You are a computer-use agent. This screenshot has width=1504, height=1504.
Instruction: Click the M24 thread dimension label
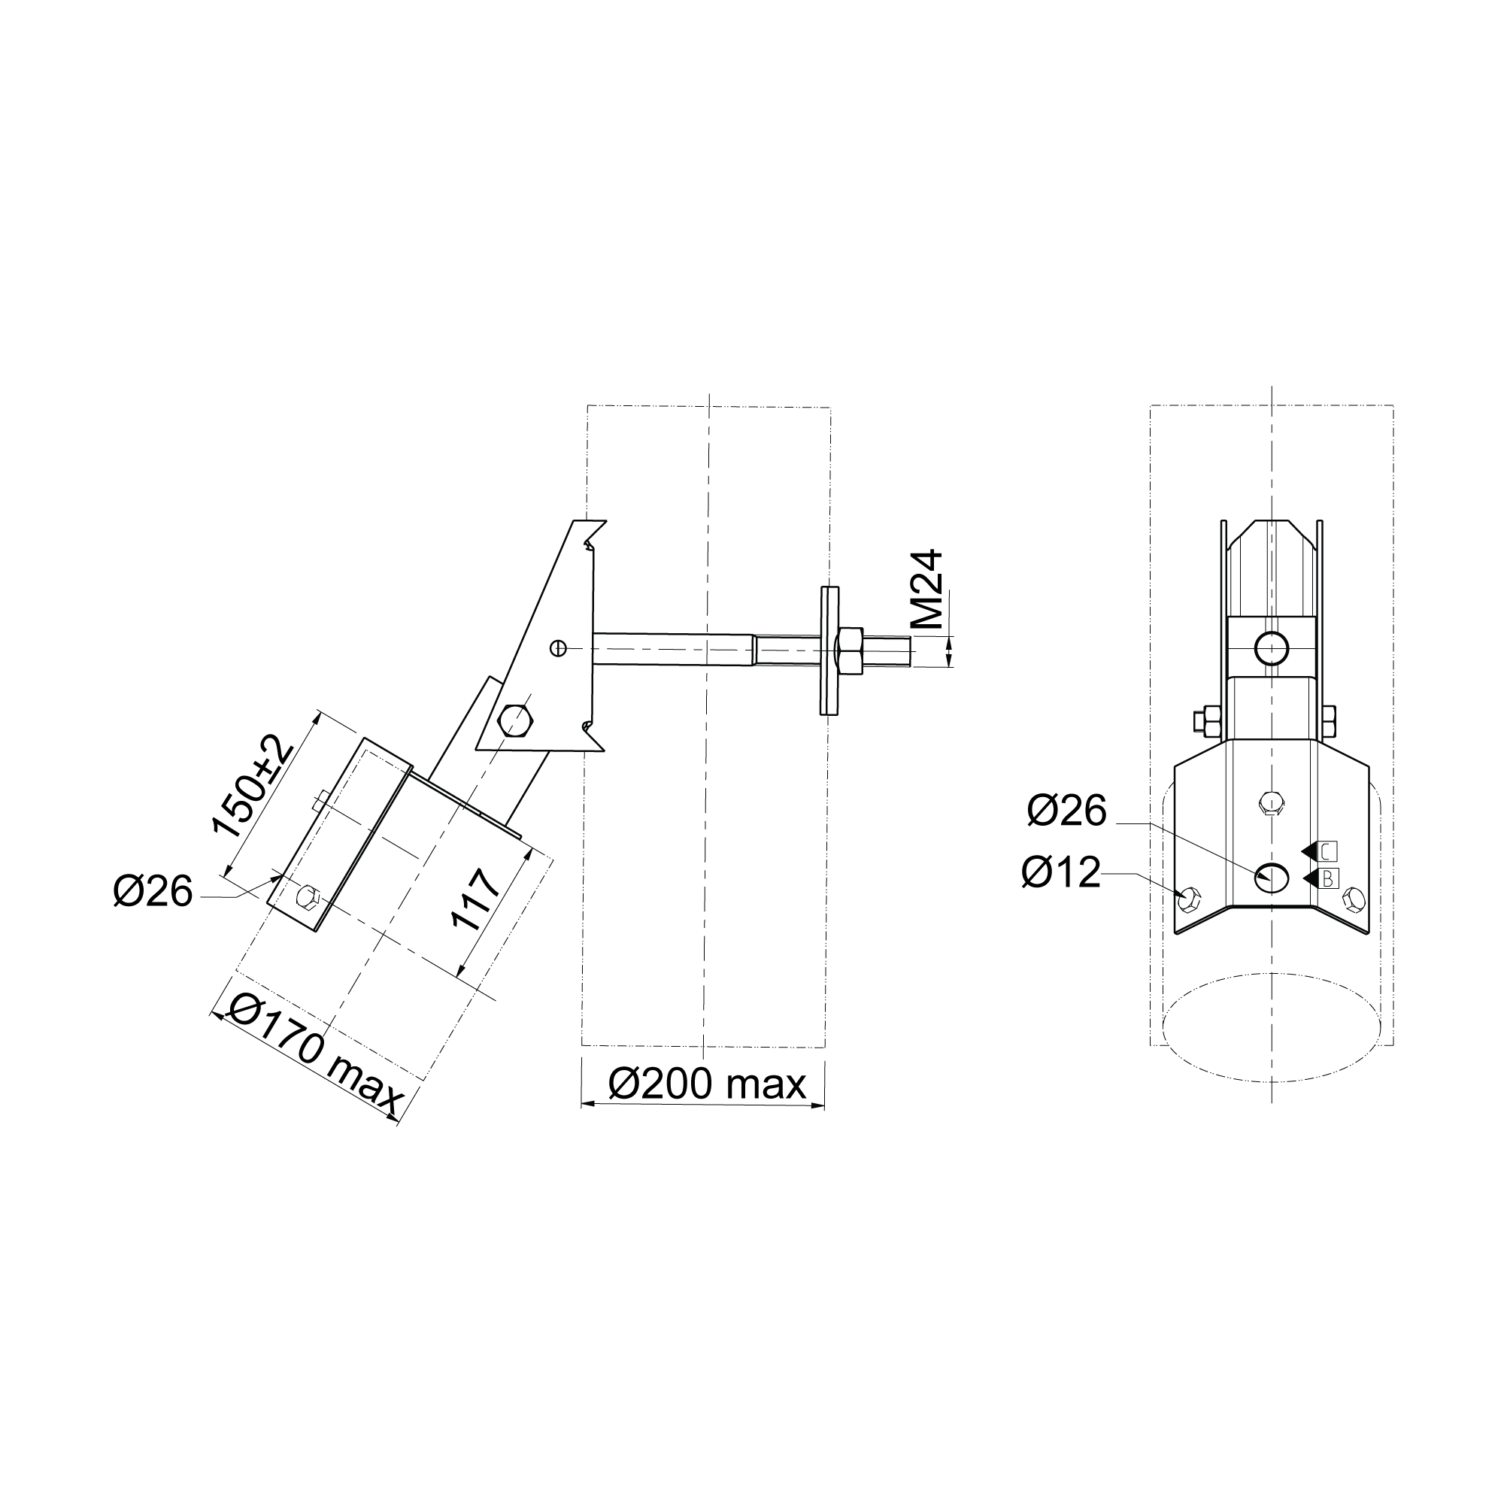click(927, 590)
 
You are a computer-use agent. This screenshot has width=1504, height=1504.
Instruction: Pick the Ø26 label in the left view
click(153, 891)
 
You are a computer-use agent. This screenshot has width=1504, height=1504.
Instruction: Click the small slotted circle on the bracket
click(558, 647)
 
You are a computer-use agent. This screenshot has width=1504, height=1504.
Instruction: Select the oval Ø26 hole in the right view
click(1271, 878)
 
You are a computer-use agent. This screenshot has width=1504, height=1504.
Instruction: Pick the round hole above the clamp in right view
click(1271, 647)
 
